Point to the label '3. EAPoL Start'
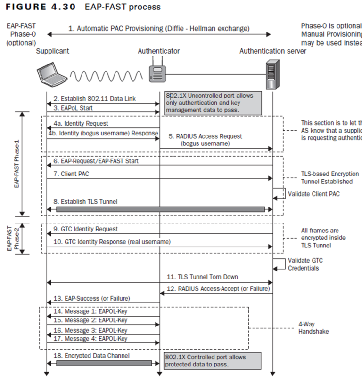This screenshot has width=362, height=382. click(73, 108)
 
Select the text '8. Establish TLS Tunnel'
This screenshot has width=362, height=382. click(85, 202)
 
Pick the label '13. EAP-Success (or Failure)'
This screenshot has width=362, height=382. click(91, 298)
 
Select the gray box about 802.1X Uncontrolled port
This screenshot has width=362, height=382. click(212, 103)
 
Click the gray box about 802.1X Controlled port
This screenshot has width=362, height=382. click(212, 361)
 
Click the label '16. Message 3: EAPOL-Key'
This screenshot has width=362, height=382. click(90, 330)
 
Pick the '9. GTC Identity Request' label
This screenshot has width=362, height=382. click(85, 229)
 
